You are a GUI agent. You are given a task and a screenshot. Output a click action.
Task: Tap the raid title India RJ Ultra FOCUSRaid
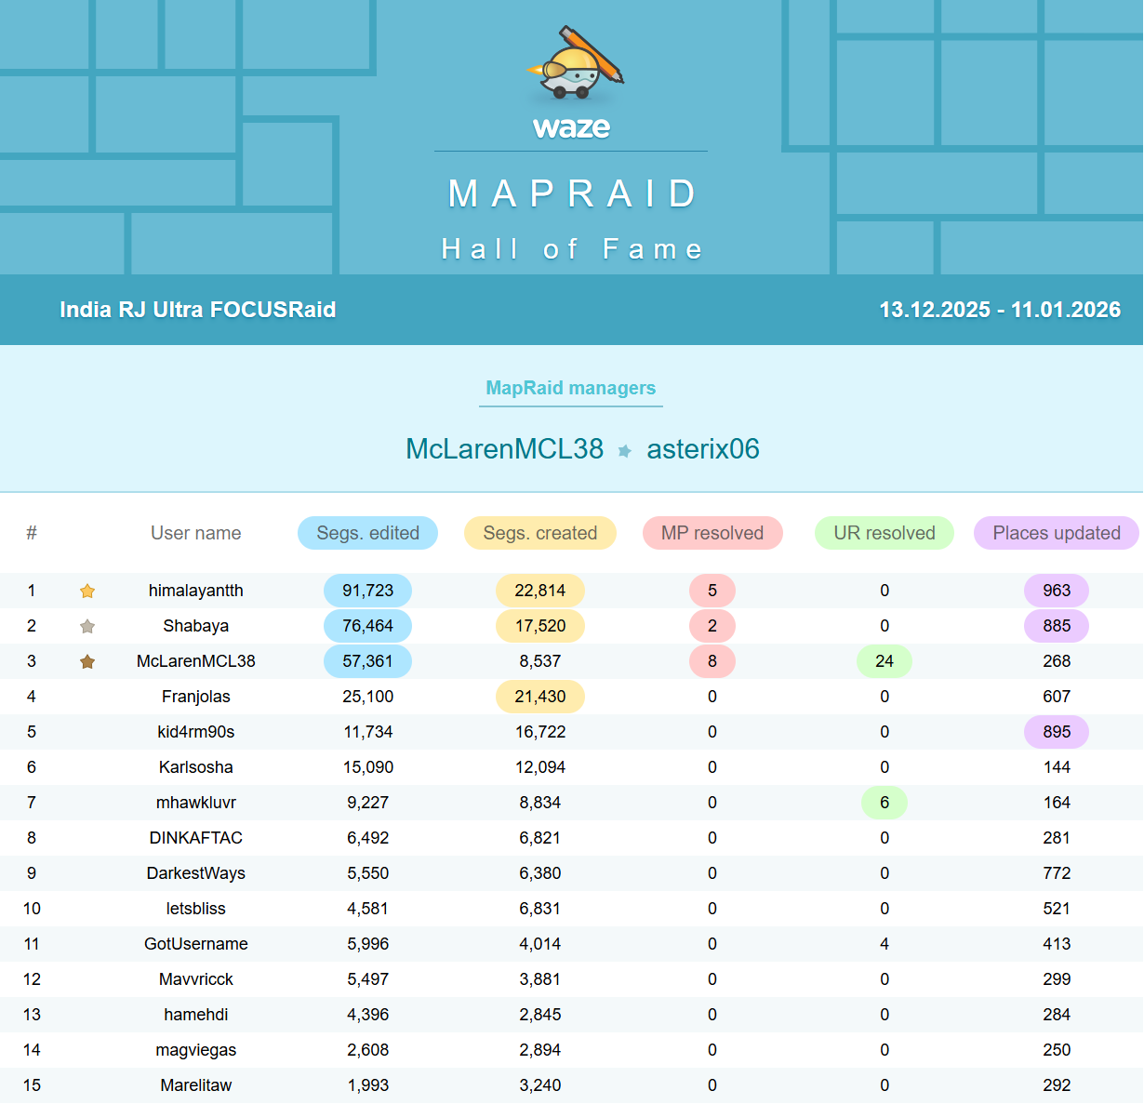(x=197, y=310)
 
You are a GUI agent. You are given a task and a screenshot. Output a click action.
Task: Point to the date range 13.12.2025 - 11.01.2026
(x=1000, y=310)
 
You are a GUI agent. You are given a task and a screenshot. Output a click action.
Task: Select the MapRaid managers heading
(x=570, y=388)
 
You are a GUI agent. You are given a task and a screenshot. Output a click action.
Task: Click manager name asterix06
(x=703, y=449)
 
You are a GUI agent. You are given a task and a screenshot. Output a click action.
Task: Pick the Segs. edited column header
(x=367, y=533)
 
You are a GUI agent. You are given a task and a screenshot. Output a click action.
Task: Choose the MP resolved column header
(x=712, y=533)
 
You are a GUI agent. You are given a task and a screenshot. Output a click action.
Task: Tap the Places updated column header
(x=1057, y=533)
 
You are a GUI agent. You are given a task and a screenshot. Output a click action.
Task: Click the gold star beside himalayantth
(x=87, y=591)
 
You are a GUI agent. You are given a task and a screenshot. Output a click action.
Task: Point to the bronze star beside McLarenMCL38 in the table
(x=87, y=661)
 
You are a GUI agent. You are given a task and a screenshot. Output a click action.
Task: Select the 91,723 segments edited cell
(x=367, y=591)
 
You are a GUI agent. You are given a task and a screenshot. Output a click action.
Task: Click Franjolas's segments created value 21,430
(x=539, y=697)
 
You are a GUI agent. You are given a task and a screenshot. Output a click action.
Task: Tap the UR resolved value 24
(x=884, y=661)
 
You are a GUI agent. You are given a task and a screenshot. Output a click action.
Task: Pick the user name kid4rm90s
(x=195, y=732)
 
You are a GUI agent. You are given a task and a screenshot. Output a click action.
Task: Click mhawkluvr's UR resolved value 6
(x=884, y=803)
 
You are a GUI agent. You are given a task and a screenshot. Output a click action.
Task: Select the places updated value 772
(x=1057, y=873)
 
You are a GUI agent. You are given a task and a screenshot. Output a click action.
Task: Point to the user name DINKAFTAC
(x=195, y=838)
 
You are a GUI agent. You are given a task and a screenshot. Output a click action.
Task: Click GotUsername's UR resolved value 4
(x=884, y=944)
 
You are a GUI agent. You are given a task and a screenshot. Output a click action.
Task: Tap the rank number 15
(x=32, y=1085)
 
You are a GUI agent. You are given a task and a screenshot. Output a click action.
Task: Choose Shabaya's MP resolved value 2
(x=712, y=626)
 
